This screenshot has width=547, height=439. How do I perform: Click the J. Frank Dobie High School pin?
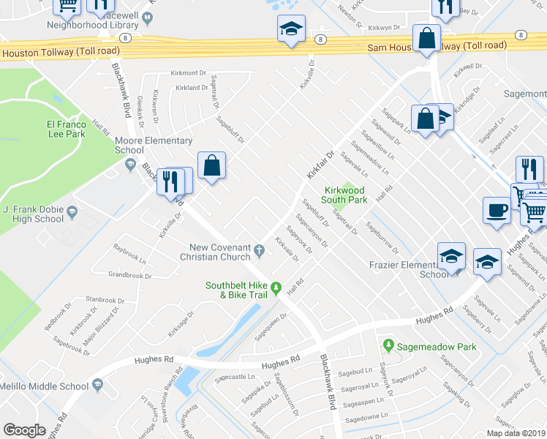(72, 213)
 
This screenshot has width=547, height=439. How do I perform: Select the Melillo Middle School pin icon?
(97, 385)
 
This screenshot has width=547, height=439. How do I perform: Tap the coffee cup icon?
(497, 210)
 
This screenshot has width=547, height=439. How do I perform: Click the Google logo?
(25, 429)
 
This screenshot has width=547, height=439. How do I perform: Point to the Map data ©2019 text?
(516, 433)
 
